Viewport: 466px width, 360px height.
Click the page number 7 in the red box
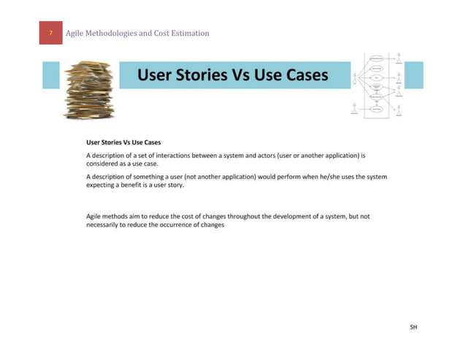click(x=50, y=33)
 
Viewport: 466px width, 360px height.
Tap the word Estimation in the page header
click(x=189, y=33)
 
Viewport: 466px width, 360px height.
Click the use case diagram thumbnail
click(x=378, y=85)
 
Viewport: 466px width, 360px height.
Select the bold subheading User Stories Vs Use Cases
click(x=123, y=142)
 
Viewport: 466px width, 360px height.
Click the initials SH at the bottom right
click(x=413, y=328)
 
